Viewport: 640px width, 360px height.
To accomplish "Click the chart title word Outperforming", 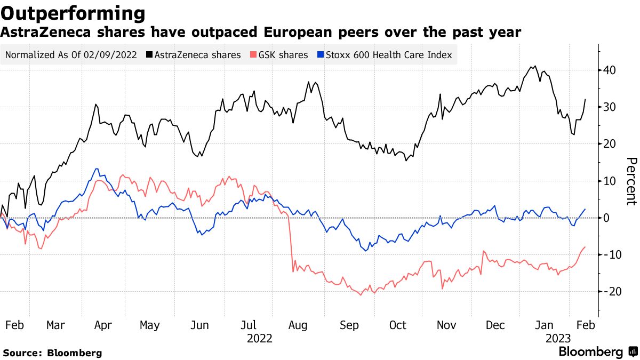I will coord(73,13).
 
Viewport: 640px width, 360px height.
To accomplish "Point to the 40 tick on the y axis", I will coord(610,70).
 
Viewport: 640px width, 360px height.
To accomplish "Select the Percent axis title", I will coord(631,181).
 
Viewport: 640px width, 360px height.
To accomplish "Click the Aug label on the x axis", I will coord(298,325).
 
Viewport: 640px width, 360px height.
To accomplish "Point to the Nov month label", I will coord(447,325).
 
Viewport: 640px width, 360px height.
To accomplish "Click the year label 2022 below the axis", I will coord(260,339).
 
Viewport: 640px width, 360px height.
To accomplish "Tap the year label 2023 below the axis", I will coord(558,339).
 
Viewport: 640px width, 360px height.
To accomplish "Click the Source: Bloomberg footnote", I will coord(52,353).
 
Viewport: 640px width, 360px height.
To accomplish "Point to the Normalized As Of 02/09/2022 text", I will coord(70,55).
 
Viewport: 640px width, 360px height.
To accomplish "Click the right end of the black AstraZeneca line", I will coord(586,99).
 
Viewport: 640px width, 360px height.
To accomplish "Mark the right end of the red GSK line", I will coord(586,247).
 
